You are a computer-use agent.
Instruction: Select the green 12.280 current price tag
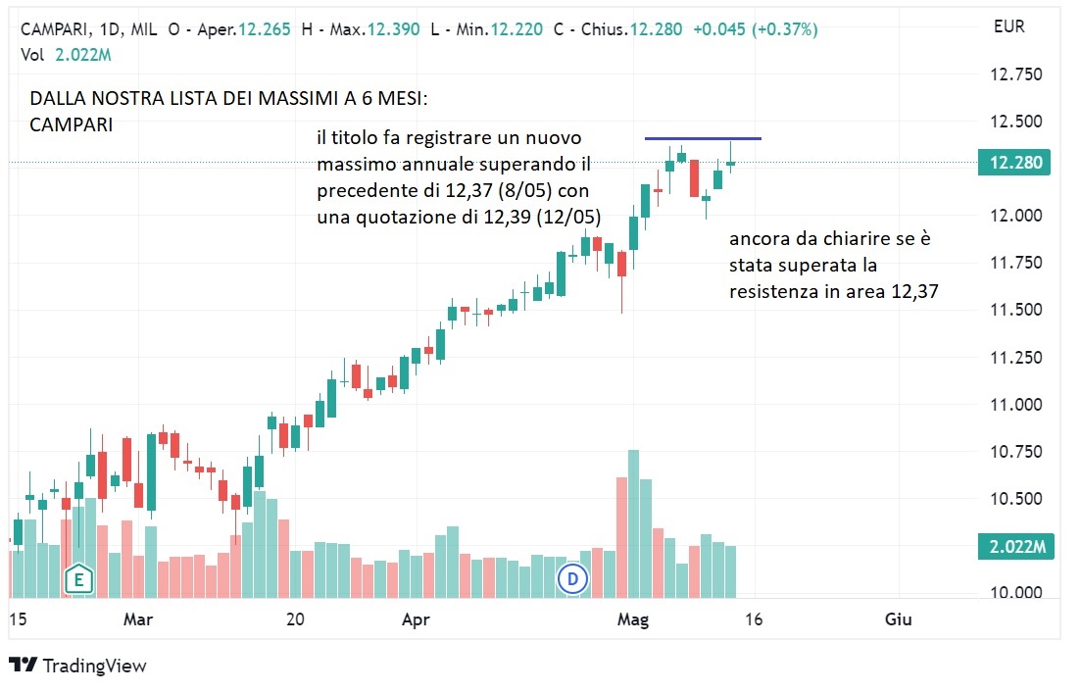tap(1013, 163)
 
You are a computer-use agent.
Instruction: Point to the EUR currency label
tap(1008, 26)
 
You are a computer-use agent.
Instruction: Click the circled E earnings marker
tap(77, 579)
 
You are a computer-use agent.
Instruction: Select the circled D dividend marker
tap(572, 579)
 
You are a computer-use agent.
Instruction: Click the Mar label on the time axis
tap(138, 618)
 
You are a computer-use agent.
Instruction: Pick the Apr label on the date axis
tap(417, 618)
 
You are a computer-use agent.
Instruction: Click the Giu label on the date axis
tap(898, 618)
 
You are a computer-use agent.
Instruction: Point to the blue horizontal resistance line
tap(703, 138)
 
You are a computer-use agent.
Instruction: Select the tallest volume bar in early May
tap(633, 523)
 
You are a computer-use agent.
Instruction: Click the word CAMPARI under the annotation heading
tap(71, 124)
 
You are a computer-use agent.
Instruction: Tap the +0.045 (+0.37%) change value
tap(755, 29)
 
